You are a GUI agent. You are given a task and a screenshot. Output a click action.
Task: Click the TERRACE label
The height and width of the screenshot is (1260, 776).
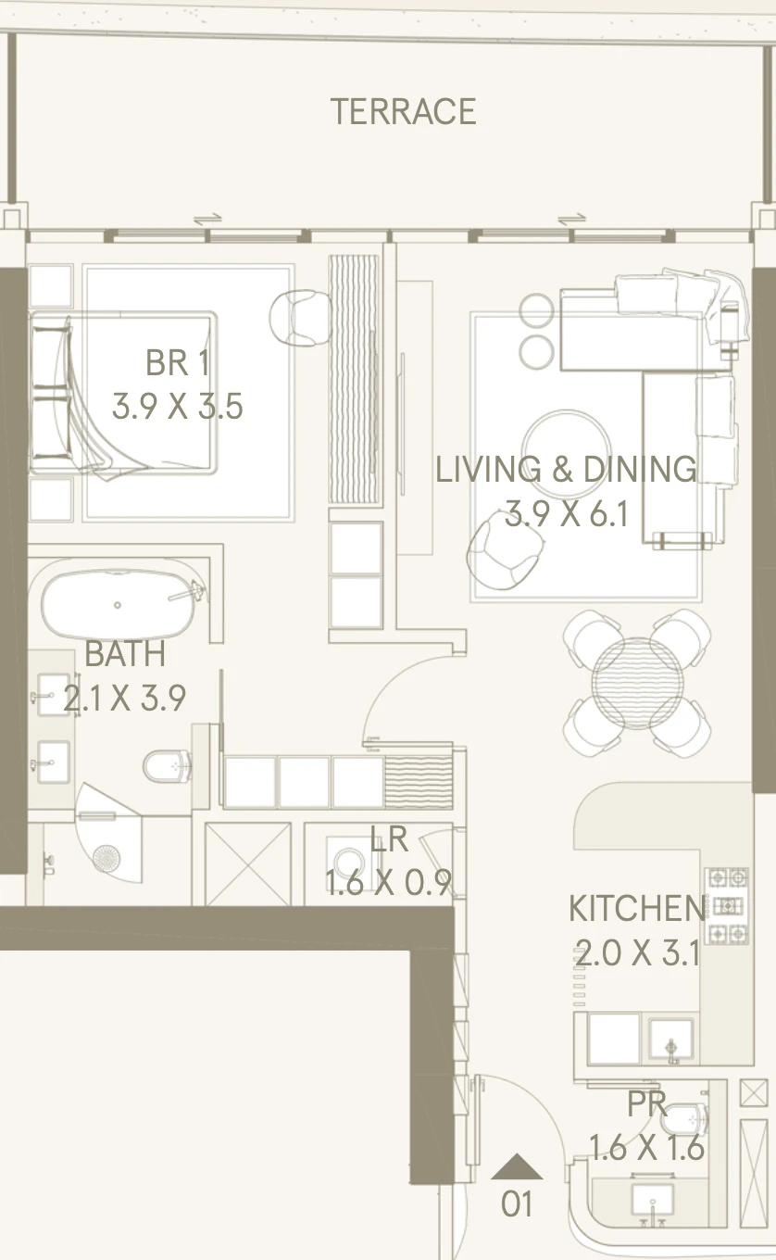pyautogui.click(x=403, y=111)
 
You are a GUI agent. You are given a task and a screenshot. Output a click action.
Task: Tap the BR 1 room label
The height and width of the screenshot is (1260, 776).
pyautogui.click(x=178, y=363)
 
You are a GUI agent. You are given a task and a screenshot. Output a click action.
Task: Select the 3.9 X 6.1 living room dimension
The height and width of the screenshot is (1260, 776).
pyautogui.click(x=567, y=513)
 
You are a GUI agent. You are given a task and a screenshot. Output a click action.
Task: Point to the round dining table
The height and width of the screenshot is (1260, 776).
pyautogui.click(x=637, y=683)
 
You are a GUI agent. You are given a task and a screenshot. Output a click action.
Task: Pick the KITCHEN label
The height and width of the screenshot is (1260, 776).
pyautogui.click(x=636, y=908)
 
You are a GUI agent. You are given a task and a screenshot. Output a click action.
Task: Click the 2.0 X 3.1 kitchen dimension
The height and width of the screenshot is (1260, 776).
pyautogui.click(x=638, y=952)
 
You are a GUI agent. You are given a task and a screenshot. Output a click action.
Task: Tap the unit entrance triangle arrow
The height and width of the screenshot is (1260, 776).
pyautogui.click(x=517, y=1167)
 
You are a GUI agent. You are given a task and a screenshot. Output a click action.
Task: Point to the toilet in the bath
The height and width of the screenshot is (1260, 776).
pyautogui.click(x=167, y=765)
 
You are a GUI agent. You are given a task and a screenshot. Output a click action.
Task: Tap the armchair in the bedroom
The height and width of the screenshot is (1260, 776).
pyautogui.click(x=300, y=318)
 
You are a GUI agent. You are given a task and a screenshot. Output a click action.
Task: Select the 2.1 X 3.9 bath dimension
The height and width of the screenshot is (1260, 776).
pyautogui.click(x=125, y=698)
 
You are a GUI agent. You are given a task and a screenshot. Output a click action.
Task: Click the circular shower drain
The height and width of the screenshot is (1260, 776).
pyautogui.click(x=106, y=859)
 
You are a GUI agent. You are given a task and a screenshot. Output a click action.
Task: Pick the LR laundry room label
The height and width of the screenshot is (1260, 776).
pyautogui.click(x=389, y=839)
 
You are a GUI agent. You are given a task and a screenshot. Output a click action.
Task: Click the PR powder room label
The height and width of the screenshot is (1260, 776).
pyautogui.click(x=646, y=1104)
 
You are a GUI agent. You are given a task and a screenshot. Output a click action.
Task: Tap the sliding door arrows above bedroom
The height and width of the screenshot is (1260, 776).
pyautogui.click(x=208, y=220)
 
